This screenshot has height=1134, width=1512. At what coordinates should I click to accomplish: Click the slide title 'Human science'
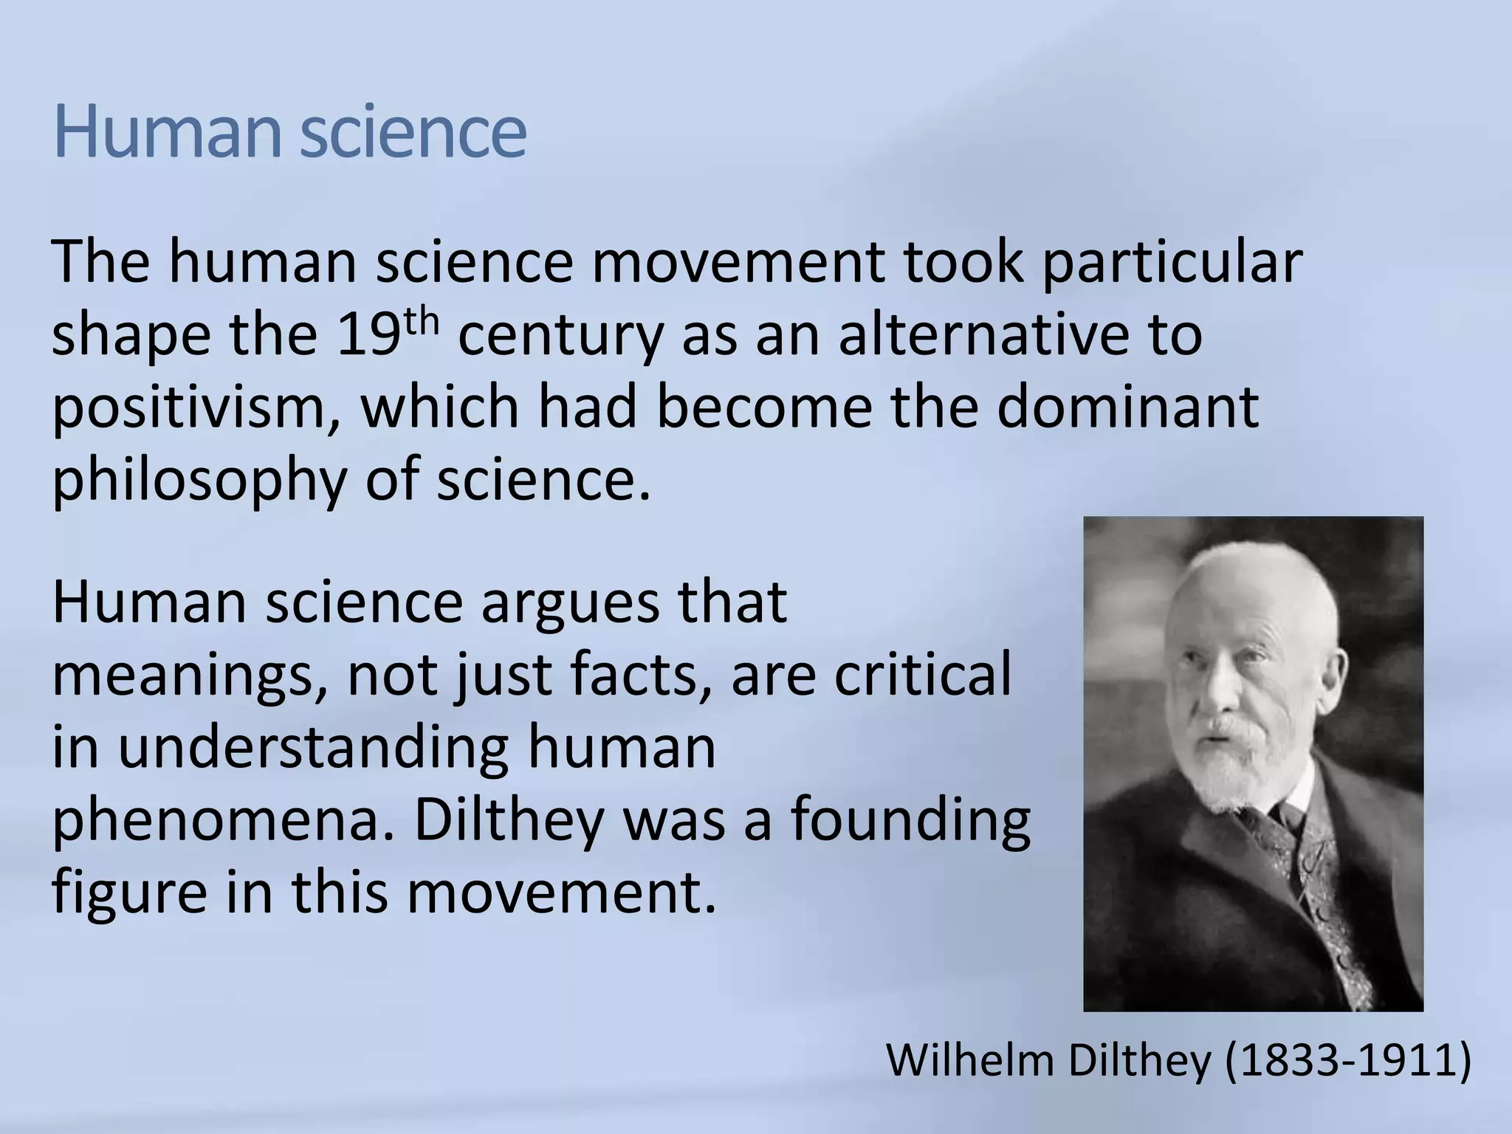pos(289,133)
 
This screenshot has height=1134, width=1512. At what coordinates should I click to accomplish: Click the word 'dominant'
pos(1127,407)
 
